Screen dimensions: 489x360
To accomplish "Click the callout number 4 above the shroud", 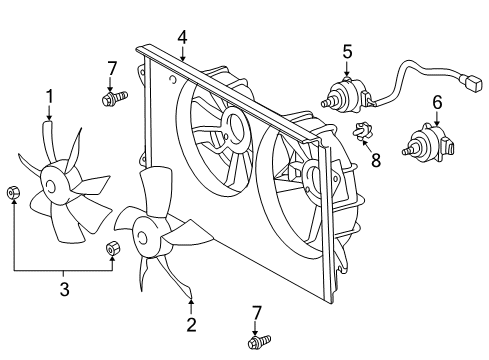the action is pos(182,37).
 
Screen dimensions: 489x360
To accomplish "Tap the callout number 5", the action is pos(347,52).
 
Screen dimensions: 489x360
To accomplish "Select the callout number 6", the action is pos(437,102).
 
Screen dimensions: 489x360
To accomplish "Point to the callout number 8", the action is pos(376,160).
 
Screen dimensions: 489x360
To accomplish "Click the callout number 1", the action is pos(50,96).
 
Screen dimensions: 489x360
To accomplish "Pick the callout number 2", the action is pos(191,325).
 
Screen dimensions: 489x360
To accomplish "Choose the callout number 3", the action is pos(64,289).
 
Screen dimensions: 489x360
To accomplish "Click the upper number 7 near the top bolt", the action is pos(112,69).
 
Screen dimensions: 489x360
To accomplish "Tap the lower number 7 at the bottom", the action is pos(257,313).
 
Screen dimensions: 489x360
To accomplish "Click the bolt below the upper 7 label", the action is pos(114,98).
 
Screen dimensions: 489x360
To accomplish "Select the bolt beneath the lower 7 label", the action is pos(259,342).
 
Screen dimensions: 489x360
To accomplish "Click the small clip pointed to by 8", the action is pos(363,131).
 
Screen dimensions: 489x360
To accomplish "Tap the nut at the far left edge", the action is pos(13,192).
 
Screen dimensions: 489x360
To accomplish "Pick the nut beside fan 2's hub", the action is pos(113,249).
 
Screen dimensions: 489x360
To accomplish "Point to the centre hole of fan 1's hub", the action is pos(50,186).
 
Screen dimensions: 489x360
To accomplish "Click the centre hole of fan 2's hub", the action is pos(141,238).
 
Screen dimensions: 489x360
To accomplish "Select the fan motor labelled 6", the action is pos(428,143).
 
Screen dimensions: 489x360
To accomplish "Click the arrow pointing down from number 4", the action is pos(182,53).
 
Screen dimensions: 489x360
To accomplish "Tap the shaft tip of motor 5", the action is pos(323,104).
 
